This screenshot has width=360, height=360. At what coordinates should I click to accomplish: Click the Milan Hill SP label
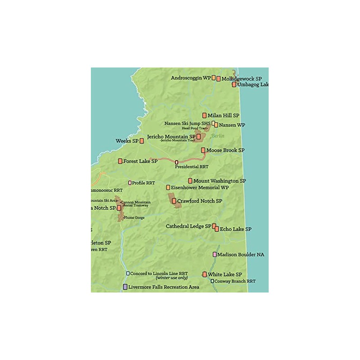pos(224,116)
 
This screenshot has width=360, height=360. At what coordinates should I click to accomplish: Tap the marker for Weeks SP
pos(142,141)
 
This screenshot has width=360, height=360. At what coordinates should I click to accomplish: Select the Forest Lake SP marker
pos(120,161)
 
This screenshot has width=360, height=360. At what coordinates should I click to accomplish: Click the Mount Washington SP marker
pos(190,181)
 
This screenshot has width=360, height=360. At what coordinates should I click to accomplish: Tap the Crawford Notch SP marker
pos(174,201)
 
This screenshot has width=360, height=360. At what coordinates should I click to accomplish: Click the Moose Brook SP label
pos(225,150)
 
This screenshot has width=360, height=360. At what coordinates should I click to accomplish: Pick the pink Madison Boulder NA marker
pos(215,254)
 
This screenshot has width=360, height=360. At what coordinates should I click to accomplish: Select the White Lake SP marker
pos(205,274)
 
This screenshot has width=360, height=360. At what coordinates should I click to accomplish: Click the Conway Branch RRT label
pos(235,281)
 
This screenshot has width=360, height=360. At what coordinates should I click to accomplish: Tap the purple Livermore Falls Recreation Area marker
pos(125,287)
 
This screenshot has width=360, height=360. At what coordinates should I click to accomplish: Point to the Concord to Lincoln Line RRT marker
pos(128,273)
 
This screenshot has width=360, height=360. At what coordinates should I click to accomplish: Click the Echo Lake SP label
pos(236,229)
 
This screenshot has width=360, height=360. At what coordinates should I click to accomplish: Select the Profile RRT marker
pos(130,183)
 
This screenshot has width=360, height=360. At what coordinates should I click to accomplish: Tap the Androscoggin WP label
pos(191,78)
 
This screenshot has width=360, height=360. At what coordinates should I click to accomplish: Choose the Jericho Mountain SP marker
pos(198,136)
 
